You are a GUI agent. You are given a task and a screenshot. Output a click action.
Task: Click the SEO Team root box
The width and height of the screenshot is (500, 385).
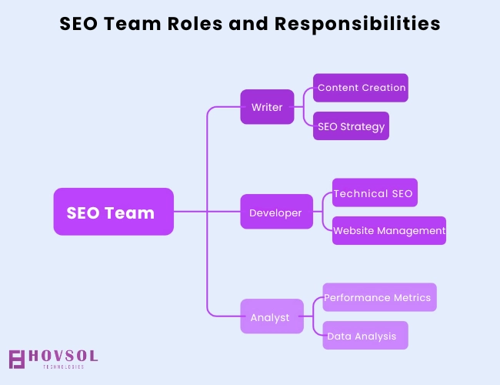113,212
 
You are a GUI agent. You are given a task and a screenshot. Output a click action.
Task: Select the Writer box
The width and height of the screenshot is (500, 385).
267,107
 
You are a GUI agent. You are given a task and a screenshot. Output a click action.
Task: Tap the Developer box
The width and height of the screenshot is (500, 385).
276,213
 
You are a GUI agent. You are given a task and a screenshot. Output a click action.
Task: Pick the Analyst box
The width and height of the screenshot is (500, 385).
271,316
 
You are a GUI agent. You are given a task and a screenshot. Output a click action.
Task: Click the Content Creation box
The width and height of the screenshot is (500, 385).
361,88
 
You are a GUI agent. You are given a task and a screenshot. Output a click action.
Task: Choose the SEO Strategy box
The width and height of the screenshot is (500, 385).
351,126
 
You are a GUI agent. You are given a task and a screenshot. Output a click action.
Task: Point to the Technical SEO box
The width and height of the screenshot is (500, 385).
375,193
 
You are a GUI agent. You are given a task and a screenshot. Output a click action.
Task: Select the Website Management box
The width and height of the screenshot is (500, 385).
389,230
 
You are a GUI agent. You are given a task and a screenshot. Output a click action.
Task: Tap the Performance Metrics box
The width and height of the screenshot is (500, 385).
379,297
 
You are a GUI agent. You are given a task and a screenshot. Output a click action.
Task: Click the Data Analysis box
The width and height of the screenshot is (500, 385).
365,336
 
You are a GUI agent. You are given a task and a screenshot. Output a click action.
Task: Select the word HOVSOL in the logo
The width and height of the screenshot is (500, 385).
64,356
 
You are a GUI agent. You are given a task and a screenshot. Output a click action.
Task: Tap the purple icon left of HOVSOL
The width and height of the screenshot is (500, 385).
17,359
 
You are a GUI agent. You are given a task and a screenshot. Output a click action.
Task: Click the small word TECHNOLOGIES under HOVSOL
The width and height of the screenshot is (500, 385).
64,367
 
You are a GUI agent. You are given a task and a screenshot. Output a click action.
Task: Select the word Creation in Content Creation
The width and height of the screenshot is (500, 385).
384,88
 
